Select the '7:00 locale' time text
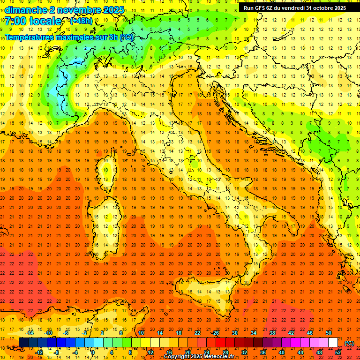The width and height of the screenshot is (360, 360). [33, 21]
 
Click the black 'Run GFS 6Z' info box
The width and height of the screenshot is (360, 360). [295, 8]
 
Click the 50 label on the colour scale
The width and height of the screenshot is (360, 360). [329, 332]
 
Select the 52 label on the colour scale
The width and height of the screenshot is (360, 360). [338, 352]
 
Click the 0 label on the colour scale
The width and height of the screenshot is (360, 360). [93, 352]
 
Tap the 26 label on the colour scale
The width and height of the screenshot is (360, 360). [216, 332]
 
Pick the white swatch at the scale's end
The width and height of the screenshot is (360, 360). [333, 342]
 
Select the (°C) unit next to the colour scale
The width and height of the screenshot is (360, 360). [349, 343]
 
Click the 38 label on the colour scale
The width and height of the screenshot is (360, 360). [272, 332]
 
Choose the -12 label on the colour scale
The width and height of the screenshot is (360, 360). [39, 352]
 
